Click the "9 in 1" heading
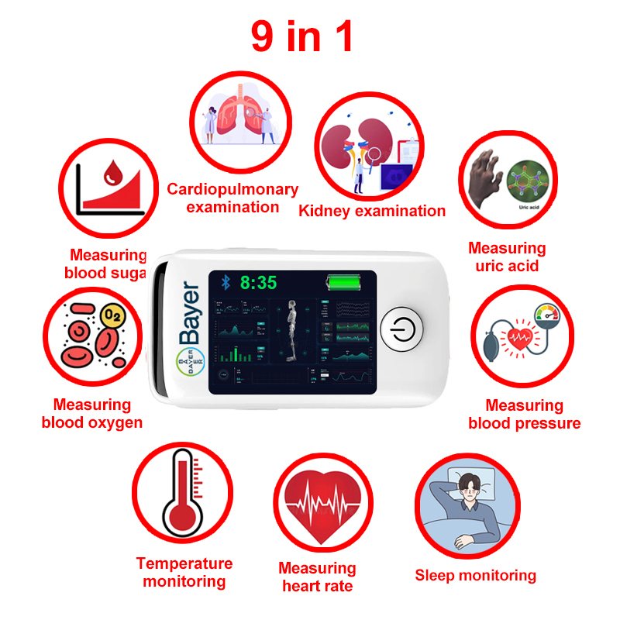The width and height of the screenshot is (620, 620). pos(301,36)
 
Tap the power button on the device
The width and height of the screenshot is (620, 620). pos(401,329)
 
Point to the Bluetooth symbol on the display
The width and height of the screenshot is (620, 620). pos(226,282)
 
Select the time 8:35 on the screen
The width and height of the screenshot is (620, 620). pos(258,283)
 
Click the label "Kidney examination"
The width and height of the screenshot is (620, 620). pos(372,211)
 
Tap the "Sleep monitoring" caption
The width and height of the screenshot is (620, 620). pos(475,575)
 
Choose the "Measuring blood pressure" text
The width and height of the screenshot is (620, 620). pos(524,414)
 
